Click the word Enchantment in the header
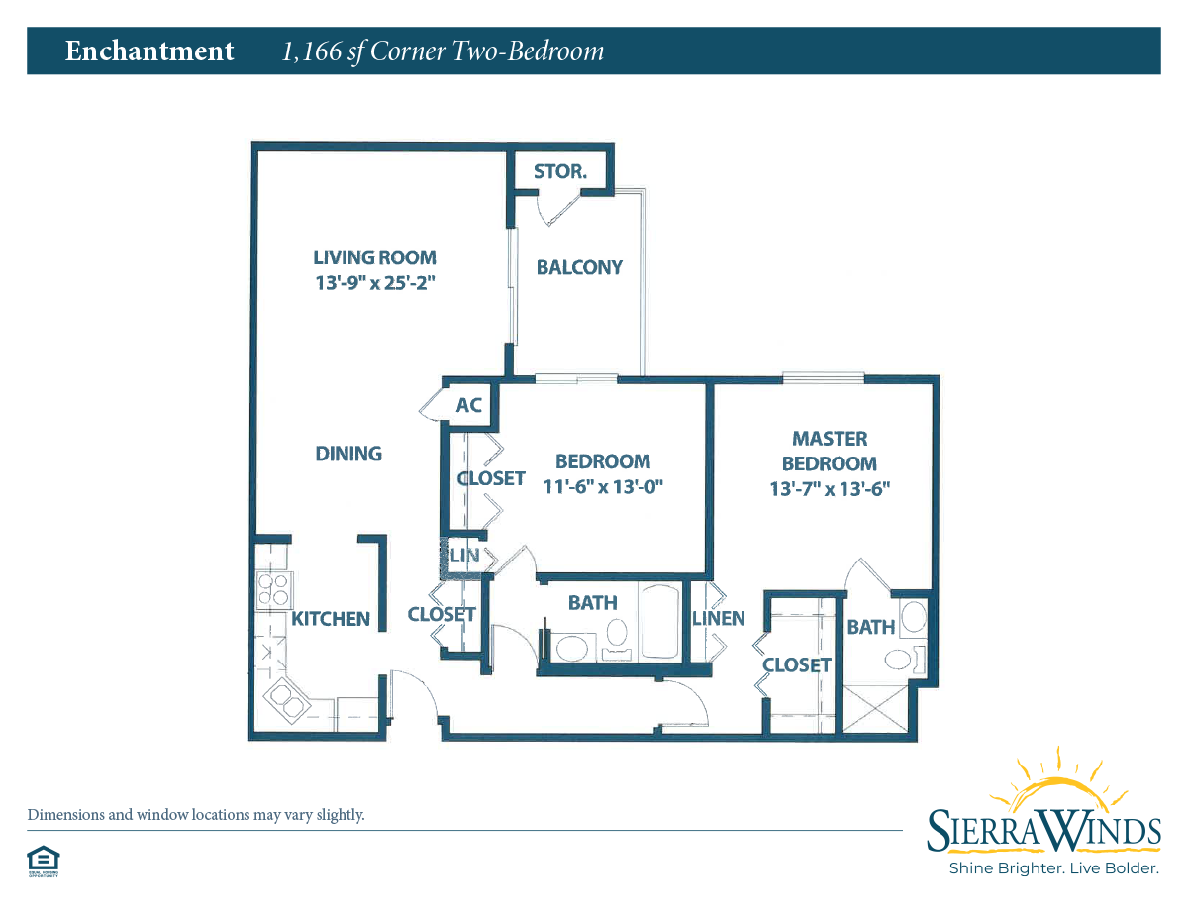[x=149, y=51]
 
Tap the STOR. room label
[x=560, y=171]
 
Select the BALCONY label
[x=579, y=267]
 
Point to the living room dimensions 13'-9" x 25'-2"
[x=375, y=282]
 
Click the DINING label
[x=348, y=454]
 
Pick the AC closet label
[x=469, y=405]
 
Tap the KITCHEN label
[x=331, y=619]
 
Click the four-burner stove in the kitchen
[x=274, y=590]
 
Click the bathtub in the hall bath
[x=660, y=622]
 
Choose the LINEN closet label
[x=719, y=618]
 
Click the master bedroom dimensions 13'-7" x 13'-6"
[x=830, y=488]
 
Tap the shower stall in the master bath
[x=876, y=709]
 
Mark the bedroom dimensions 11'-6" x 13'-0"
[x=603, y=486]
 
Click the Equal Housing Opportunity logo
[x=44, y=862]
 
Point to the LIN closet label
[x=464, y=556]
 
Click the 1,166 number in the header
[x=312, y=51]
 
